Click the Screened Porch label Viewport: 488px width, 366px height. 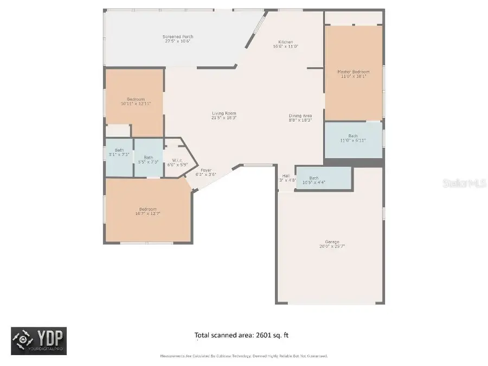click(178, 37)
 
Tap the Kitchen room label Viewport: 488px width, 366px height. click(286, 42)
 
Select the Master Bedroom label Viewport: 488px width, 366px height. click(353, 72)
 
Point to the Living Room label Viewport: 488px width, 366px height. click(223, 113)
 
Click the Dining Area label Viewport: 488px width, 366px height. click(300, 115)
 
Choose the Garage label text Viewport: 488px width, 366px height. click(332, 242)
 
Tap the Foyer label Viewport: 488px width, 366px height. click(206, 170)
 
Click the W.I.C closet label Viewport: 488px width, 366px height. click(177, 160)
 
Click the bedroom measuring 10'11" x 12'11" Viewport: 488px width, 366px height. click(136, 101)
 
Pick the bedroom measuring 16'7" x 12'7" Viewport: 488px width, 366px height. click(147, 211)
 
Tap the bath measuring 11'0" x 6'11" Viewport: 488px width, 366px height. click(353, 138)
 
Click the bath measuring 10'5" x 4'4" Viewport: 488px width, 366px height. click(314, 179)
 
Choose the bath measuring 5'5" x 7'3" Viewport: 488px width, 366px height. click(148, 159)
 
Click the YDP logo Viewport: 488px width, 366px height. click(38, 341)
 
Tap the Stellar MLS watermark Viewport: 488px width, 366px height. click(464, 183)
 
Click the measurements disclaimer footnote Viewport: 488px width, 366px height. click(243, 356)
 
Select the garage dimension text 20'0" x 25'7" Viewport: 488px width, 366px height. click(332, 246)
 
